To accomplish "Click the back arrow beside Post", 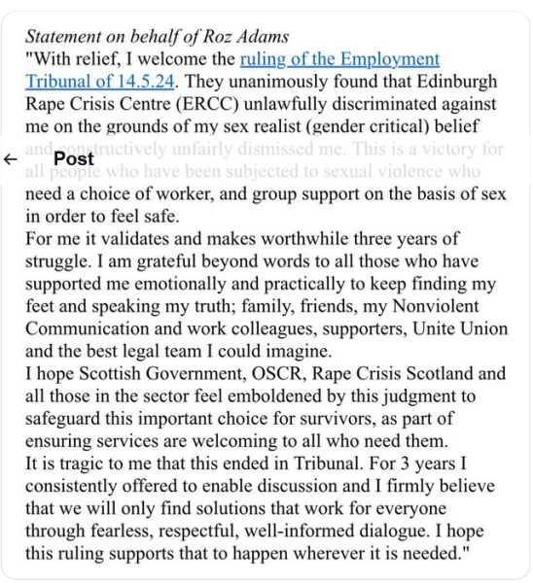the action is pos(11,158).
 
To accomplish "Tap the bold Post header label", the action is pos(74,158).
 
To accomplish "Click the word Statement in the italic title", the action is pos(61,38).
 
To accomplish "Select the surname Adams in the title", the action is pos(262,38).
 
